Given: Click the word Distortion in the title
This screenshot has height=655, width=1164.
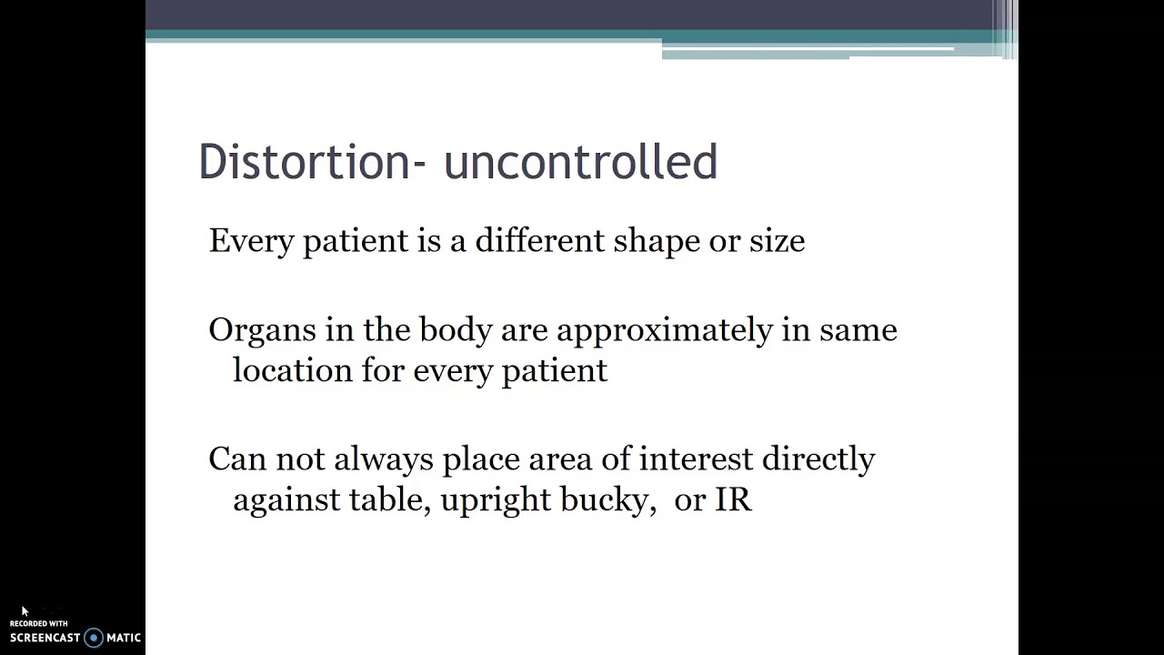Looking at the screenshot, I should point(305,162).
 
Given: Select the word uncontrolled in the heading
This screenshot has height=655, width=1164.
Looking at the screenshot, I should point(580,162).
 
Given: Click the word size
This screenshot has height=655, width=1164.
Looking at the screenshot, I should point(777,241).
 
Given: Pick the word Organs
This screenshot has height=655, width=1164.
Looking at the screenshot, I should point(262,330).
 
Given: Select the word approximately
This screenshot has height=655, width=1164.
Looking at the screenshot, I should point(665,330).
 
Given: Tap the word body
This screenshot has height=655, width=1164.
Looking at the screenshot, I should point(455,330).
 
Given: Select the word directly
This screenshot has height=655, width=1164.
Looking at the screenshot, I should point(818,459).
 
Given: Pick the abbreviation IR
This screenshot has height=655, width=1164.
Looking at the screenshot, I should point(734,500).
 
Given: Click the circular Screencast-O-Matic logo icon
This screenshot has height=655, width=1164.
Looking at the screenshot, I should point(93,638).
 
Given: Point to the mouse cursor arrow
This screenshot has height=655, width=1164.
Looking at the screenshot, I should point(25,611).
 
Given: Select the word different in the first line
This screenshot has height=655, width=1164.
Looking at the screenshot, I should point(539,241).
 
